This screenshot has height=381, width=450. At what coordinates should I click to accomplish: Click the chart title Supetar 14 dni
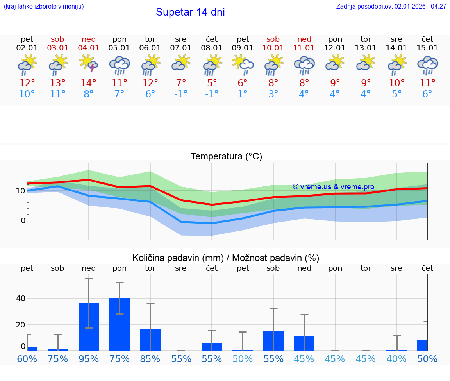tap(190, 12)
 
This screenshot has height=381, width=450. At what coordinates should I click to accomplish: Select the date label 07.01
tap(181, 48)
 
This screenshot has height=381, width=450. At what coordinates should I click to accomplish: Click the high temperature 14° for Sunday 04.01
tap(89, 83)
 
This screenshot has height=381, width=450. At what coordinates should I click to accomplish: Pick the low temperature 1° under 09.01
tap(243, 94)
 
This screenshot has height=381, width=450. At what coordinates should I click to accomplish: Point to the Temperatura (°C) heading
tap(226, 157)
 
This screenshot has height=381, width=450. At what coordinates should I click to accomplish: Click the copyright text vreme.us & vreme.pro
tap(333, 187)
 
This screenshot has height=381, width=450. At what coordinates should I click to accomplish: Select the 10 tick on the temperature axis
tap(21, 191)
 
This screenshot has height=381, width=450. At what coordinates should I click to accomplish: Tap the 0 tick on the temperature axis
tap(23, 220)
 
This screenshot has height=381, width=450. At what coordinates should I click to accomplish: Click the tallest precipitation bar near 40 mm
tap(119, 324)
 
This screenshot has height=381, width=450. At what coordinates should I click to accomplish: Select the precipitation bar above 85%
tap(150, 339)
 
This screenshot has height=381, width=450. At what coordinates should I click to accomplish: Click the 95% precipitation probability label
tap(89, 359)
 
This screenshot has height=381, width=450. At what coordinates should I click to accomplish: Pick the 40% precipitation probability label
tap(396, 359)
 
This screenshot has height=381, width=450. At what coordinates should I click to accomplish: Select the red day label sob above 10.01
tap(273, 39)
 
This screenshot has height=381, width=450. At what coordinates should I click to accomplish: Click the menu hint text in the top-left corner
tap(44, 7)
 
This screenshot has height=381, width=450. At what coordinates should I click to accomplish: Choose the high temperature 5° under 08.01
tap(212, 83)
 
